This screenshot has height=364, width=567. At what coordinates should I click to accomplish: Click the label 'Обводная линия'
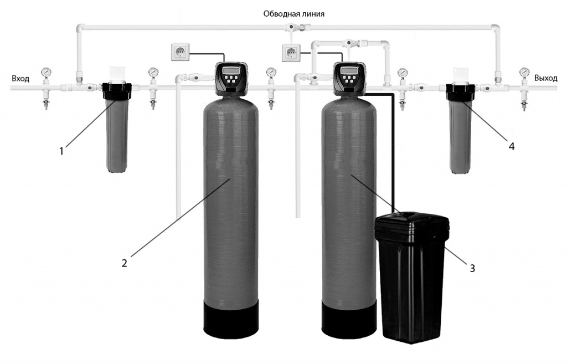pyautogui.click(x=293, y=14)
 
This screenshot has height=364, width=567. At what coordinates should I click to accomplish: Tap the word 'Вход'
pyautogui.click(x=20, y=79)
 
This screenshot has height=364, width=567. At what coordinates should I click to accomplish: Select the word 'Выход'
pyautogui.click(x=545, y=79)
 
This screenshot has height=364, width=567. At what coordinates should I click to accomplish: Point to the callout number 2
pyautogui.click(x=125, y=263)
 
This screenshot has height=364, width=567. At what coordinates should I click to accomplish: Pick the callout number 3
pyautogui.click(x=472, y=268)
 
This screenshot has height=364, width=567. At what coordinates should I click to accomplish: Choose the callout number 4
pyautogui.click(x=512, y=146)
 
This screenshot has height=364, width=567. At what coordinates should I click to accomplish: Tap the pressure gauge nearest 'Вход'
pyautogui.click(x=45, y=72)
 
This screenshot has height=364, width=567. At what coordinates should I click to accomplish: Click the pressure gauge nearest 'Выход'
pyautogui.click(x=524, y=72)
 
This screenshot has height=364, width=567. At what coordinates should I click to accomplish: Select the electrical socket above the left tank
pyautogui.click(x=181, y=52)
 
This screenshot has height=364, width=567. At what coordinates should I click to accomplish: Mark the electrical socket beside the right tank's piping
pyautogui.click(x=290, y=53)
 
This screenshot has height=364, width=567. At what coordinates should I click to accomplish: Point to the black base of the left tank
pyautogui.click(x=231, y=318)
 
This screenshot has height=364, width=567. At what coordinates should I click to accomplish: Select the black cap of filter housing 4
pyautogui.click(x=461, y=89)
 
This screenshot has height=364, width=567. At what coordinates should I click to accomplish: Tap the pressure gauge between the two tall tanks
pyautogui.click(x=271, y=73)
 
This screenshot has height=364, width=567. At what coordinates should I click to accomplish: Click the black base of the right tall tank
pyautogui.click(x=350, y=318)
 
